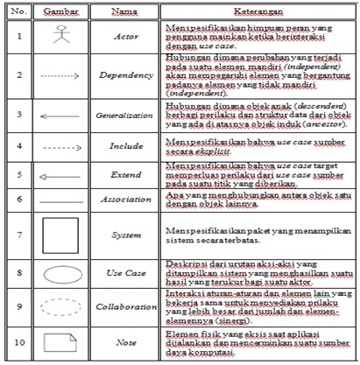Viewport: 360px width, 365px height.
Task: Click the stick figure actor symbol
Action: click(x=62, y=37)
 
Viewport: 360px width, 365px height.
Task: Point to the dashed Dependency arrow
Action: click(x=62, y=77)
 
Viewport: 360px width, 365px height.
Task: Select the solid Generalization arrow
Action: click(x=62, y=114)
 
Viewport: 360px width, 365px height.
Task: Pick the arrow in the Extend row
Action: click(x=62, y=176)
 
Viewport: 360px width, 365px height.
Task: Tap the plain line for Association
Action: click(x=62, y=200)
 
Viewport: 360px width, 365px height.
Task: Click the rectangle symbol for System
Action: click(x=62, y=234)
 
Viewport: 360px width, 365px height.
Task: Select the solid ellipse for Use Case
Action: click(x=62, y=273)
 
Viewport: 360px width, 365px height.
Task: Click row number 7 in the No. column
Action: click(x=17, y=235)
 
